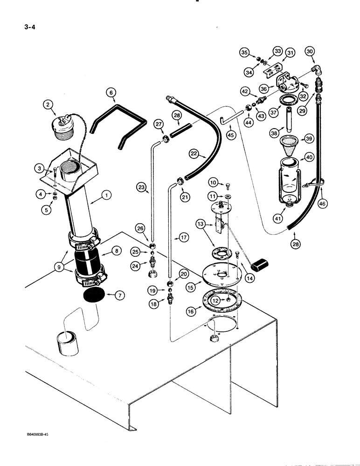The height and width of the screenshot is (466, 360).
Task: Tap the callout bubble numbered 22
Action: [x=194, y=153]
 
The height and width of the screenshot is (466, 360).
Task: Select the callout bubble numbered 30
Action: [x=310, y=52]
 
